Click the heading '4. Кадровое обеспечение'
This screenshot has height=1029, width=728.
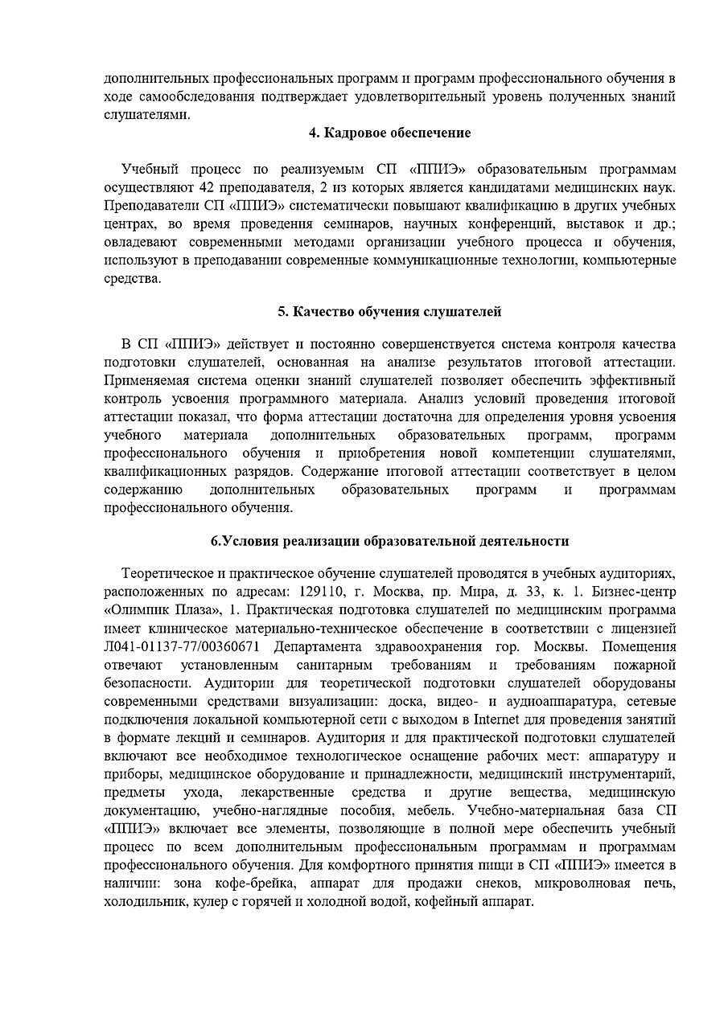tap(390, 133)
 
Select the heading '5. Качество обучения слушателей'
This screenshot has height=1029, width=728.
tap(389, 311)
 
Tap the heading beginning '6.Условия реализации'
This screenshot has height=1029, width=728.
tap(390, 541)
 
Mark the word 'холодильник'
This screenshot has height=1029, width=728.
tap(143, 903)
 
